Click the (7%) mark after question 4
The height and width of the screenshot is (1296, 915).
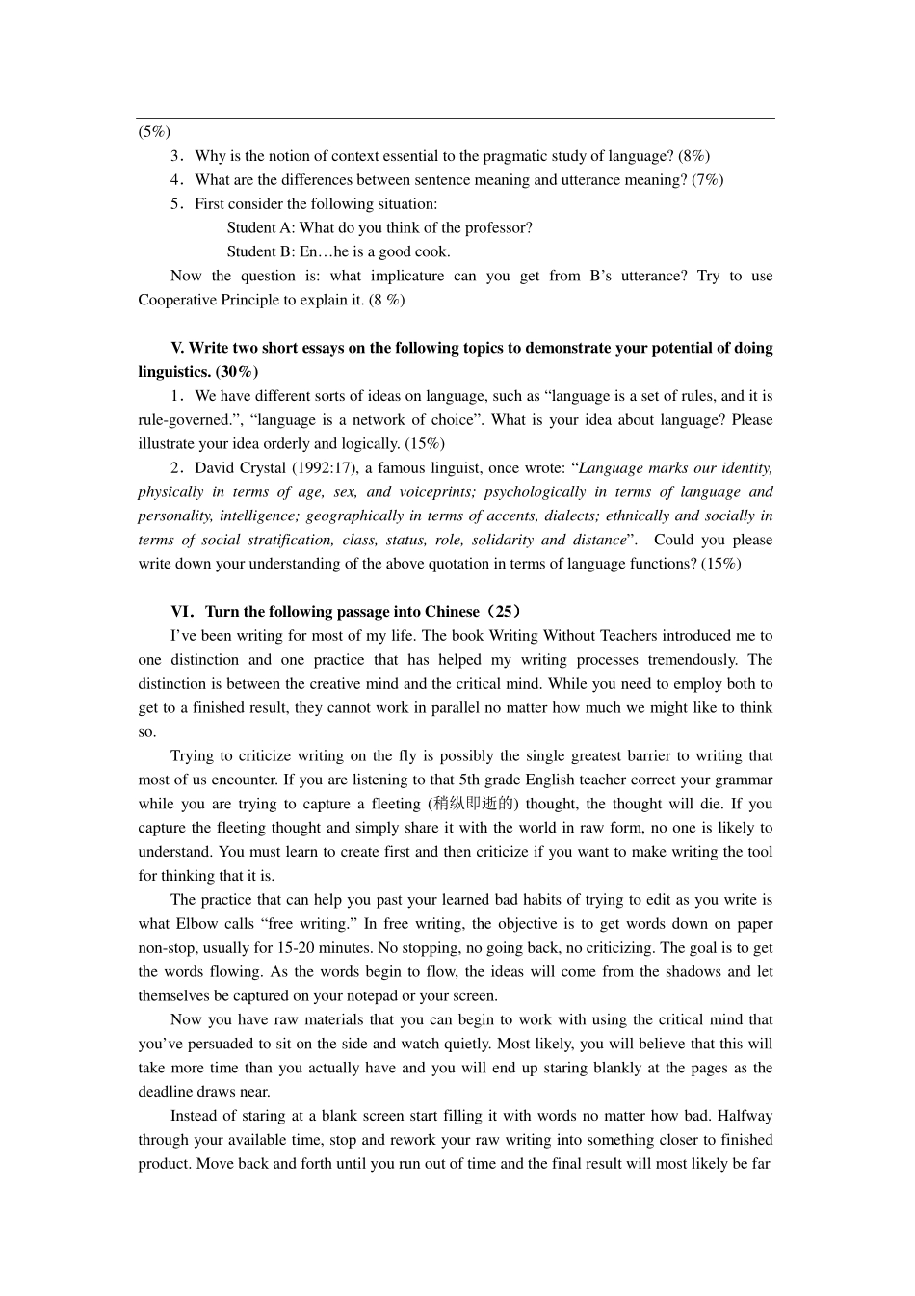[x=707, y=179]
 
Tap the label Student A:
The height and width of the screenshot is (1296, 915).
[x=260, y=227]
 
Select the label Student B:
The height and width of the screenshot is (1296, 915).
[x=260, y=251]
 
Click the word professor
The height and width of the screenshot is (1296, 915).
[x=497, y=227]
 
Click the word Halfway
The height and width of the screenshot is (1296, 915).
[x=745, y=1116]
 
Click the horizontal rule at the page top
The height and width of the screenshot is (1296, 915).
[x=455, y=119]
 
